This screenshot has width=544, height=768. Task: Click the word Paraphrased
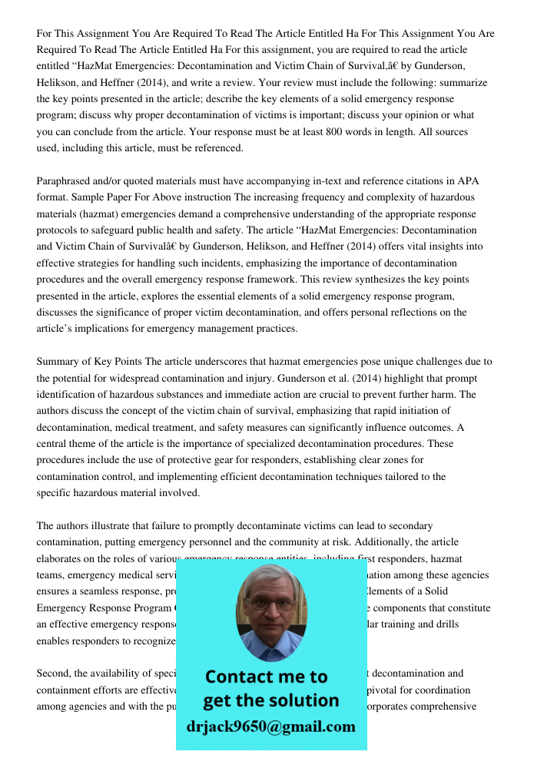point(67,181)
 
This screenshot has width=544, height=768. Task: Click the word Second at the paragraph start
point(53,674)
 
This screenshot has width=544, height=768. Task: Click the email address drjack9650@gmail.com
point(270,727)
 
